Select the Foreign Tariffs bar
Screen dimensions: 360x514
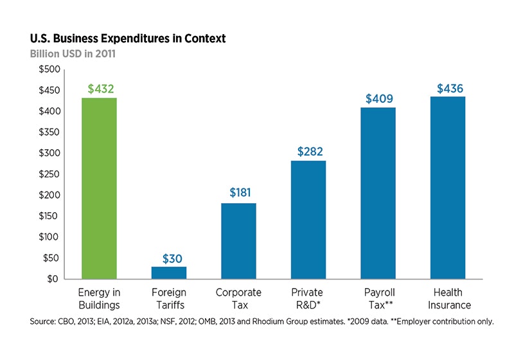pos(169,273)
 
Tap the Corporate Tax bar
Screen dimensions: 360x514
pos(238,241)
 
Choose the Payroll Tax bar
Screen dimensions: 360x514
pos(378,194)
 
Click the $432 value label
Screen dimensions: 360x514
pos(99,88)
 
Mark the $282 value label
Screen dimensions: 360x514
pos(308,151)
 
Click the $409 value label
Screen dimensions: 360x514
pos(378,98)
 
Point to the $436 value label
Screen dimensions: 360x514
pos(448,87)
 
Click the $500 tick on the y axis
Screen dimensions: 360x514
pos(50,69)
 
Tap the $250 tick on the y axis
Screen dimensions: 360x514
pos(50,174)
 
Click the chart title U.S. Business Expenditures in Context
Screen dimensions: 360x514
pos(128,39)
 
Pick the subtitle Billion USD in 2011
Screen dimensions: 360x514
pos(73,54)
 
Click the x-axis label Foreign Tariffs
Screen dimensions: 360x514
pos(169,299)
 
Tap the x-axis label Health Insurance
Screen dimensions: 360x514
pos(448,299)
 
